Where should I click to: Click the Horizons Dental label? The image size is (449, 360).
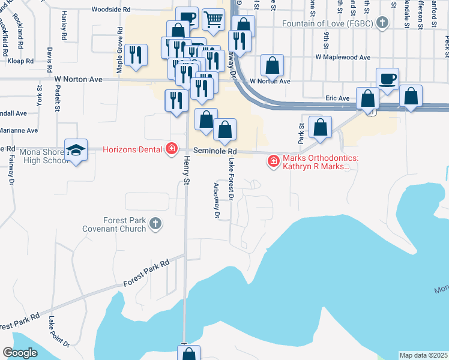coord(133,149)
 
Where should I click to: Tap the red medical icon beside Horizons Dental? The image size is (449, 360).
coord(172,149)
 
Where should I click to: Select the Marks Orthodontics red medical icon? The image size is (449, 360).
coord(274,161)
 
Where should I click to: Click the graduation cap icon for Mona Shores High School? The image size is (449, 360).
coord(76,149)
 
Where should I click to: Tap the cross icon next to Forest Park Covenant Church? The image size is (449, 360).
coord(155,224)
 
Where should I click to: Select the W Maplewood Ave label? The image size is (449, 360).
coord(343,58)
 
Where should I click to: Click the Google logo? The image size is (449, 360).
coord(20,353)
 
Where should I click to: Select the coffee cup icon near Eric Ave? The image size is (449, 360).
coord(387,79)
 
